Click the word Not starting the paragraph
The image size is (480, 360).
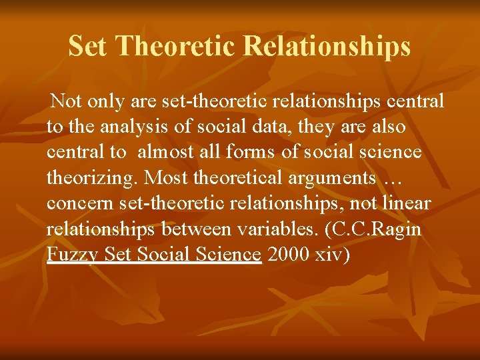coord(66,101)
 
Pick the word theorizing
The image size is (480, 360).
coord(93,178)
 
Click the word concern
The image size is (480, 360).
coord(73,203)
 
